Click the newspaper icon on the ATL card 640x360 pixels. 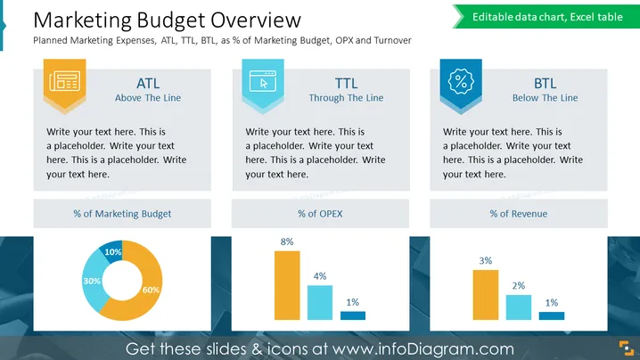pyautogui.click(x=64, y=81)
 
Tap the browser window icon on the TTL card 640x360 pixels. pyautogui.click(x=263, y=81)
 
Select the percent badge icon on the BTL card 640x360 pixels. pyautogui.click(x=461, y=81)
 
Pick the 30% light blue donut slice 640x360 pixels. pyautogui.click(x=92, y=282)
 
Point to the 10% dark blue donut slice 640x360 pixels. pyautogui.click(x=111, y=250)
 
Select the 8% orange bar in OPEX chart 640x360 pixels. pyautogui.click(x=287, y=285)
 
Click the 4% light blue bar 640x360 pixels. pyautogui.click(x=320, y=302)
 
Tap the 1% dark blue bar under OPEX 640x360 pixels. pyautogui.click(x=353, y=315)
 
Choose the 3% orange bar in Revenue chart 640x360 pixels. pyautogui.click(x=486, y=295)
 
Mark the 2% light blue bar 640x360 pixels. pyautogui.click(x=519, y=307)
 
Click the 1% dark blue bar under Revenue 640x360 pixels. pyautogui.click(x=552, y=316)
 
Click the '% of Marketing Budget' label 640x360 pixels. pyautogui.click(x=122, y=214)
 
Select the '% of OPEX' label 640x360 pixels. pyautogui.click(x=320, y=214)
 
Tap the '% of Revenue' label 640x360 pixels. pyautogui.click(x=519, y=214)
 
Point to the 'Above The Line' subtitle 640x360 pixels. pyautogui.click(x=148, y=98)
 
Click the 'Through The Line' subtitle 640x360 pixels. pyautogui.click(x=346, y=98)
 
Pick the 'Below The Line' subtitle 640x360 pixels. pyautogui.click(x=546, y=98)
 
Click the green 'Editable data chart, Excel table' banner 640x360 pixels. pyautogui.click(x=546, y=17)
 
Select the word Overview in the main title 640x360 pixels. pyautogui.click(x=256, y=20)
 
